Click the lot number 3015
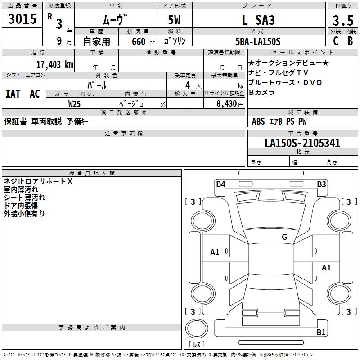tap(22, 19)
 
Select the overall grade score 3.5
tap(342, 21)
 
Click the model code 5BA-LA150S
tap(258, 41)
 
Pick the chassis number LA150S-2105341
tap(302, 144)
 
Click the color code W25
tap(75, 103)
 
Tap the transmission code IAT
tap(13, 94)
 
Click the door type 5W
tap(175, 20)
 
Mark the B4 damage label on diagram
tap(220, 184)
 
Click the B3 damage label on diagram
tap(321, 184)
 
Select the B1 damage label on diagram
tap(321, 333)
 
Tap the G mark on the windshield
tap(284, 237)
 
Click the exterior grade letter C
tap(336, 41)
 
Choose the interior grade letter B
tap(350, 41)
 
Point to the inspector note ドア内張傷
tap(21, 206)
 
